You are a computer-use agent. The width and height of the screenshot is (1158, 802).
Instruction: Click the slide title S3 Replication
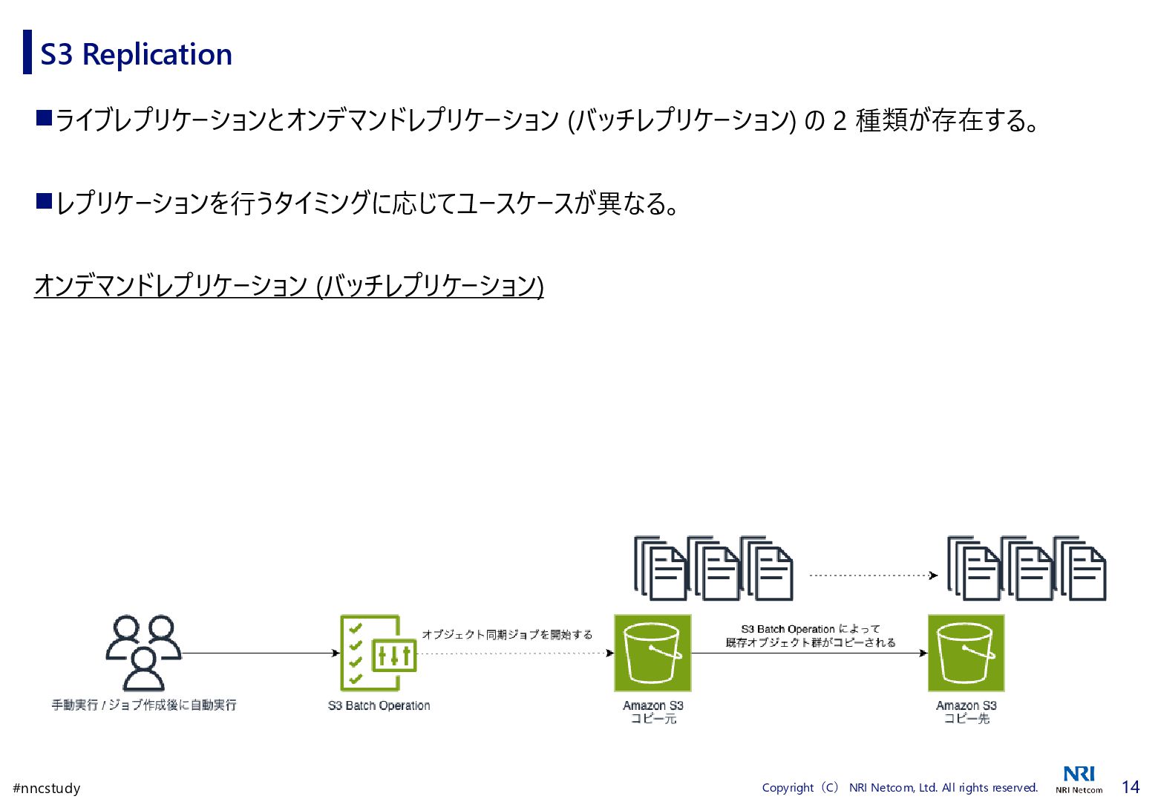click(x=136, y=54)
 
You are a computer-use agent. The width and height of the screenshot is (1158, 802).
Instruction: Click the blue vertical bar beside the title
click(x=27, y=52)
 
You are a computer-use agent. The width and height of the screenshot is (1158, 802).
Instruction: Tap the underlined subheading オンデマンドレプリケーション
click(x=289, y=286)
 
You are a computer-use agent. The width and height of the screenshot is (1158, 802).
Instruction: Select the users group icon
click(x=143, y=652)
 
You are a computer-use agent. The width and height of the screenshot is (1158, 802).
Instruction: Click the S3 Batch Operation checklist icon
click(x=378, y=653)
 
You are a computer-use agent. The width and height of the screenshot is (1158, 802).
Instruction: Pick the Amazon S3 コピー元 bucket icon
click(x=652, y=653)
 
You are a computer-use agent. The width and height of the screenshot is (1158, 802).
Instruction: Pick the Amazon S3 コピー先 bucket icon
click(x=966, y=653)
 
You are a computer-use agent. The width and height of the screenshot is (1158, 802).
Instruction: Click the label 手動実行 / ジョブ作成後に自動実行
click(x=144, y=705)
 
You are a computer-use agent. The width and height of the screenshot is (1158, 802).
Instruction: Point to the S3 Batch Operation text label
click(x=379, y=705)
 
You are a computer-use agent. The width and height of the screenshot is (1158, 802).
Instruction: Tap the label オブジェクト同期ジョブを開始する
click(x=507, y=634)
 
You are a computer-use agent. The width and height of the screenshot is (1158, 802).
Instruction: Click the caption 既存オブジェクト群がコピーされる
click(x=811, y=642)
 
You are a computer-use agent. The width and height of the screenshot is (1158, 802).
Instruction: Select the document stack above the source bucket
click(x=713, y=568)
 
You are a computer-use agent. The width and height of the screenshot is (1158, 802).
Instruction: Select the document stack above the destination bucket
click(x=1027, y=568)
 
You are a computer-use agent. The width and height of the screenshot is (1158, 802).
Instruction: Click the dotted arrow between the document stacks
click(x=873, y=575)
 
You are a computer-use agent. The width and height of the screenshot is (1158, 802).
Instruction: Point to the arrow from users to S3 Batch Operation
click(x=260, y=653)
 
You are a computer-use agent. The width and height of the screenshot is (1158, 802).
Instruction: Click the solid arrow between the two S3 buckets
click(x=809, y=653)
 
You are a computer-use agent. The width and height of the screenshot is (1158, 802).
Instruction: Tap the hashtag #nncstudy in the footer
click(x=47, y=788)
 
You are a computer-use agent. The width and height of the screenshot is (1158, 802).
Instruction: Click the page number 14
click(x=1130, y=787)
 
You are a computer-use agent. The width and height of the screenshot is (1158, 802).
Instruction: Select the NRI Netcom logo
click(x=1079, y=780)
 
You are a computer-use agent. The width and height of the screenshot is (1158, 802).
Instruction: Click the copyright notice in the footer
click(x=900, y=788)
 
